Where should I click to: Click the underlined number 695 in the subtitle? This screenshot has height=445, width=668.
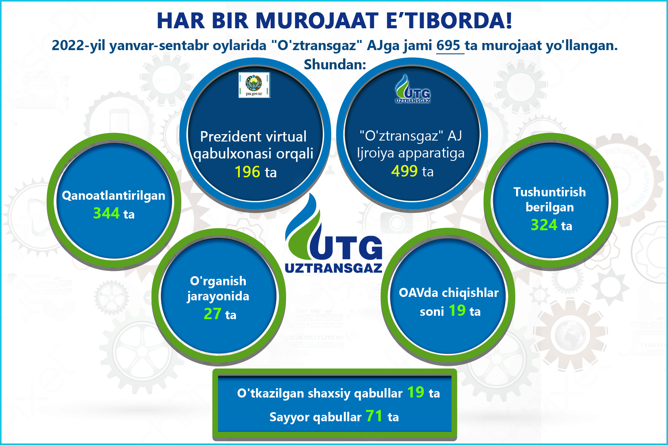(448, 46)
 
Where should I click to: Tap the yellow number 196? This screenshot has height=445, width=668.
(247, 172)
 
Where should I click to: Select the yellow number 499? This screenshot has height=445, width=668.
(404, 171)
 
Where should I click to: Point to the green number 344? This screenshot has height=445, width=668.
(106, 213)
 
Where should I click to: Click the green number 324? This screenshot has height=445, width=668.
(544, 225)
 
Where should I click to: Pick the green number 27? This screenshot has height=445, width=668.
(213, 314)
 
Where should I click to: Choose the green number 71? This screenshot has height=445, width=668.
(374, 416)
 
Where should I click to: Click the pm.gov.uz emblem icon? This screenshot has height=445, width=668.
(254, 85)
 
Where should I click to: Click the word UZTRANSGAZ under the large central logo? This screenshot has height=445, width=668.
(334, 268)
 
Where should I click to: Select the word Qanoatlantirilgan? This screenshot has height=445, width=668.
(113, 196)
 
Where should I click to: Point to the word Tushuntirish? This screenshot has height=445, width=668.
(550, 192)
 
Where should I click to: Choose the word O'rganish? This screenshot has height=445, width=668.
(218, 281)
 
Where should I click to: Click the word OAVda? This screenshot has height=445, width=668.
(418, 292)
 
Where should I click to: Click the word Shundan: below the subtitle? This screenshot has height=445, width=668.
(335, 65)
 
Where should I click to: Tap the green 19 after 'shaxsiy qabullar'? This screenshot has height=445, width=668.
(416, 392)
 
